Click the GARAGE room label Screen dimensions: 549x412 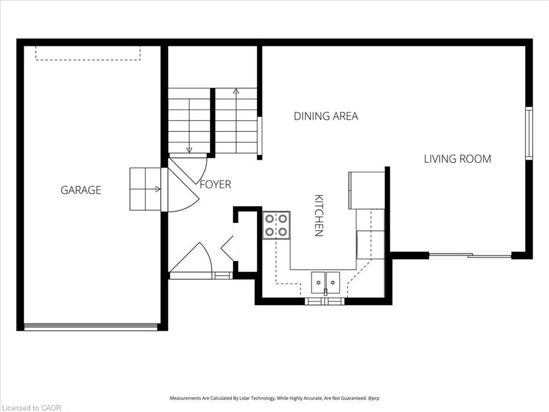tap(81, 190)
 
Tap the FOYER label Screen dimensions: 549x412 tap(216, 185)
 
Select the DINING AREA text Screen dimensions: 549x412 tap(326, 116)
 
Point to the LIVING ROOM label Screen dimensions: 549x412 tap(457, 159)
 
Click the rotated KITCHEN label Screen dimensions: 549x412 tap(318, 216)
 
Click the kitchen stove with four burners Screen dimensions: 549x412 tap(276, 225)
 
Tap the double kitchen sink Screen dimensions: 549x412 tap(325, 282)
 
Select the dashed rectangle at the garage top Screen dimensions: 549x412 tap(88, 53)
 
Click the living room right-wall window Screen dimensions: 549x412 tap(529, 134)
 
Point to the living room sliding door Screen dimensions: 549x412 tap(470, 255)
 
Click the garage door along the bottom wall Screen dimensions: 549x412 tap(91, 327)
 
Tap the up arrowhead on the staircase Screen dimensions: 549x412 tap(236, 92)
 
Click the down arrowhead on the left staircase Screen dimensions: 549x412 tap(189, 150)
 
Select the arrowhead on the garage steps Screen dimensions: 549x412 tap(158, 189)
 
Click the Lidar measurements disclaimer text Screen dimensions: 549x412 tap(274, 398)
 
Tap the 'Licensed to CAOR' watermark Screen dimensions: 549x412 tap(31, 408)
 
